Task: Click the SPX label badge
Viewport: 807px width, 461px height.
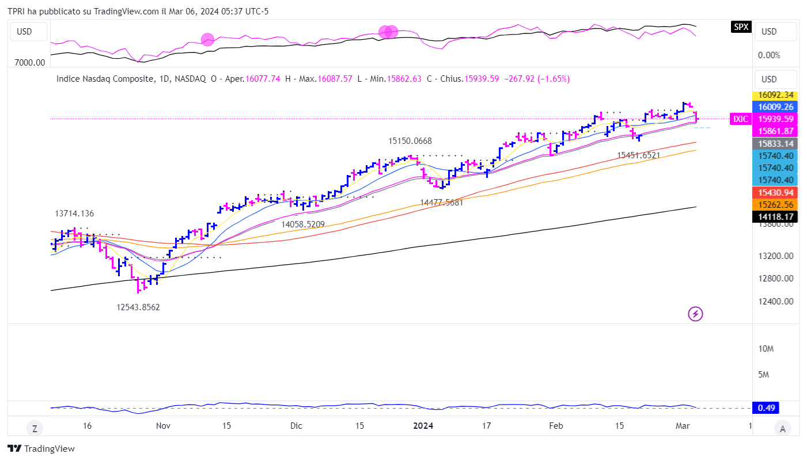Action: [741, 26]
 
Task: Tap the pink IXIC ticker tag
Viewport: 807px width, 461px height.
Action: [741, 119]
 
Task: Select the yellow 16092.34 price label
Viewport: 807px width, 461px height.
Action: [776, 95]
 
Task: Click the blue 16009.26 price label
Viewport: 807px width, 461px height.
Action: [776, 107]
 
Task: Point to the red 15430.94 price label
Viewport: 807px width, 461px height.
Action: [776, 193]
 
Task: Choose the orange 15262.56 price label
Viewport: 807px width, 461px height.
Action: [776, 205]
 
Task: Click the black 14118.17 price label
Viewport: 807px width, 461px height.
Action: [776, 217]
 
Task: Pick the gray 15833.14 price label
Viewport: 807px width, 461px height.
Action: [776, 144]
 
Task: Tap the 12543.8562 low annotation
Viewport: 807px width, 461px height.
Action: [138, 307]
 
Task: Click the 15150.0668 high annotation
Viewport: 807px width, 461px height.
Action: [410, 141]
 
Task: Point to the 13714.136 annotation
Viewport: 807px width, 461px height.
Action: [74, 214]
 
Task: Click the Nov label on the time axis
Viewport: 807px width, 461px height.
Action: [163, 426]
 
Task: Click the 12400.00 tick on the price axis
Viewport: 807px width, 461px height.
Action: [776, 302]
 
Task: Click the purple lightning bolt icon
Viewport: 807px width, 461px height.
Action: [696, 314]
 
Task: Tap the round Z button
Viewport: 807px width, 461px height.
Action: [35, 428]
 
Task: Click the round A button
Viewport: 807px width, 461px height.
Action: [782, 428]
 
